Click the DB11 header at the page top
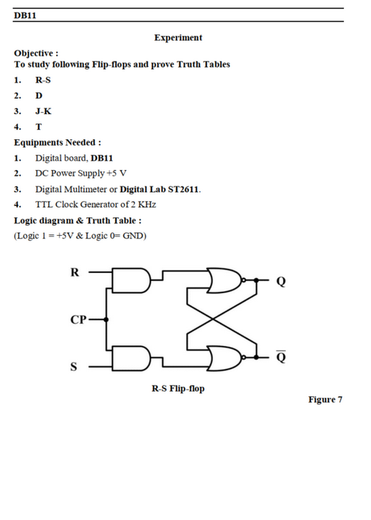point(25,16)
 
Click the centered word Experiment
point(178,38)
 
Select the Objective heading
point(36,53)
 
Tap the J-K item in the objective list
point(43,111)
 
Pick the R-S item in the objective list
point(43,80)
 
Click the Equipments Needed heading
point(57,142)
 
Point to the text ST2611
point(184,189)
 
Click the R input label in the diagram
point(75,273)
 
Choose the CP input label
point(78,319)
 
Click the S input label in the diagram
point(74,367)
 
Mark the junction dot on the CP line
point(106,319)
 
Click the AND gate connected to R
point(131,280)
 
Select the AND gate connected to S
point(131,359)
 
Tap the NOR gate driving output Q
point(226,280)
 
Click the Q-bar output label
point(280,357)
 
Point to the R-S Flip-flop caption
point(178,389)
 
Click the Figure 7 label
point(325,400)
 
